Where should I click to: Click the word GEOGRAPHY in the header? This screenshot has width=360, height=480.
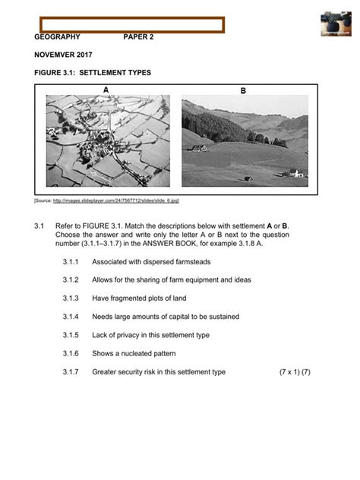pos(57,36)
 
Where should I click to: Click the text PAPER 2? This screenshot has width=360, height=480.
pos(138,36)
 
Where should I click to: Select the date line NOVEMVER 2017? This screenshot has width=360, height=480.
pos(63,55)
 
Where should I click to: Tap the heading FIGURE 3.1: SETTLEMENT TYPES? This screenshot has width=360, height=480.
pos(93,73)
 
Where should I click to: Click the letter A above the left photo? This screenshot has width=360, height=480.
pos(106,90)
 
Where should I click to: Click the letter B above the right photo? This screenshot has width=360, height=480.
pos(243,90)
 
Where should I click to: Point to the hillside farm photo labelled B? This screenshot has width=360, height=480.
pos(245,140)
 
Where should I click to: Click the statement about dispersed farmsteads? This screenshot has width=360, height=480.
pos(151,262)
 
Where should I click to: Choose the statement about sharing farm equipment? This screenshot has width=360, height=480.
pos(171,280)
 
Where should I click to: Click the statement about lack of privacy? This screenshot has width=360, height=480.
pos(150,335)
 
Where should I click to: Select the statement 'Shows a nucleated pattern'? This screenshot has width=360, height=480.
pos(134,353)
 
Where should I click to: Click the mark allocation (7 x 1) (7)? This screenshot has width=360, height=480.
pos(295,372)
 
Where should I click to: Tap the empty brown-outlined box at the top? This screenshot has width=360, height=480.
pos(128,24)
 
